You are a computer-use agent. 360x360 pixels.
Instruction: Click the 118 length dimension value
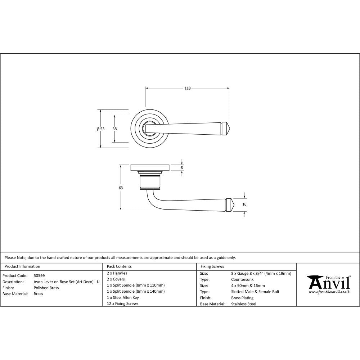[187, 88]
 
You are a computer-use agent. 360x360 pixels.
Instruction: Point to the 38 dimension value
[114, 129]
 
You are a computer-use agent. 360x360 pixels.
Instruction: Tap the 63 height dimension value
[121, 188]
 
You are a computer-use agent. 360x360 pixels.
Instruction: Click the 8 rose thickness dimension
[182, 168]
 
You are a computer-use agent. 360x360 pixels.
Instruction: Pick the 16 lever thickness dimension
[244, 204]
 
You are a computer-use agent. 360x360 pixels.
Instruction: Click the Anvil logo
[328, 283]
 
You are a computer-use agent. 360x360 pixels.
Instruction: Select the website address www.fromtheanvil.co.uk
[329, 292]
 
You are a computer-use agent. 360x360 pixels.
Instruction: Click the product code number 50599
[39, 275]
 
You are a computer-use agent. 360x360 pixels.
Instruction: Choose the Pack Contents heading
[119, 266]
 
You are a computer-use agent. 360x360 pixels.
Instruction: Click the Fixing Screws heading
[212, 266]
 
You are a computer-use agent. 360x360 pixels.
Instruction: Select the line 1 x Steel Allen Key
[123, 297]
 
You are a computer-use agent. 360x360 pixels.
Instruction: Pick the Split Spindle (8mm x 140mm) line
[136, 291]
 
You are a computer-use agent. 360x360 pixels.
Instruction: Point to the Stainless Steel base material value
[243, 304]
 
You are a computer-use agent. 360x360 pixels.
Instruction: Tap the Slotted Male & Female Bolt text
[255, 292]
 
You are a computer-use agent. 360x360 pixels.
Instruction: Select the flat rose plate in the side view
[150, 167]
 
